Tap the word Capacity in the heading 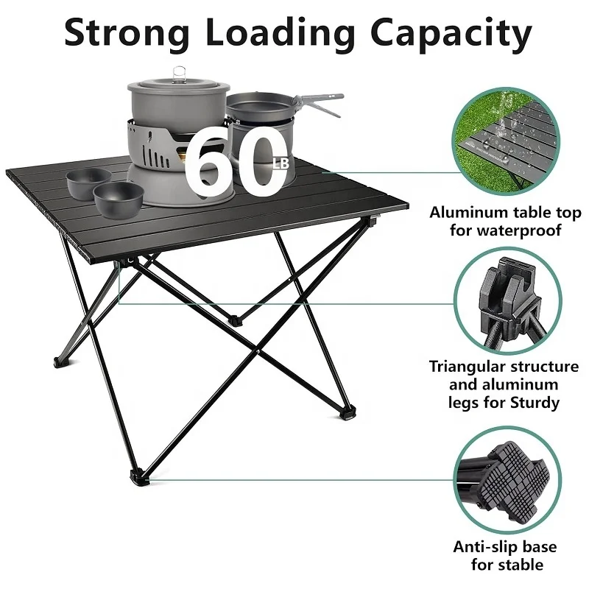click(x=451, y=34)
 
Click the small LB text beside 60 click(x=281, y=163)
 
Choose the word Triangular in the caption click(x=471, y=366)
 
